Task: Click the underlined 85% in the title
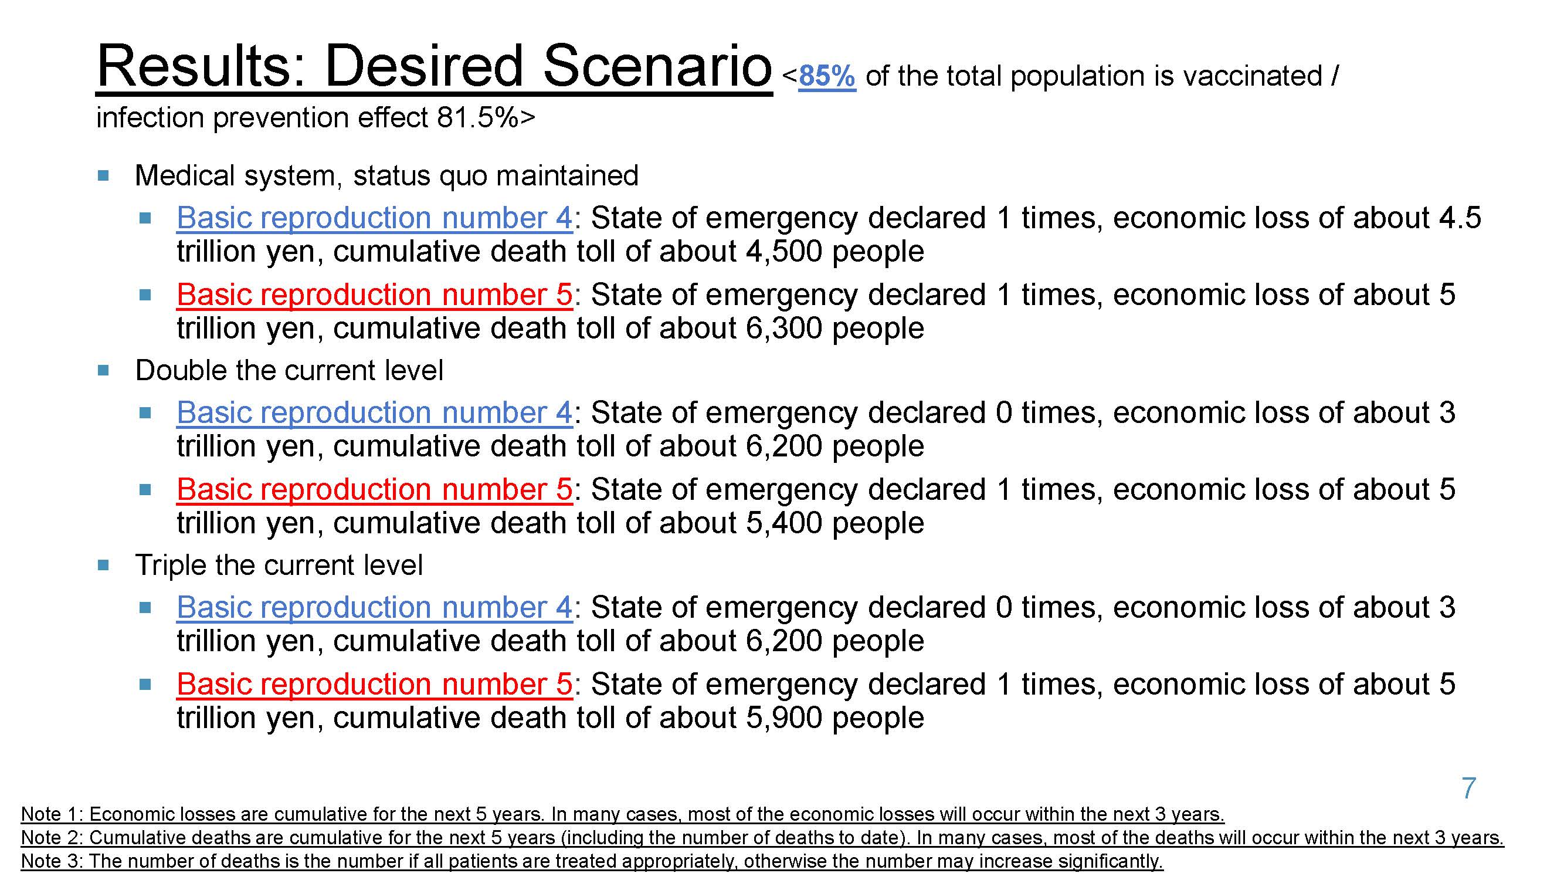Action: (x=826, y=76)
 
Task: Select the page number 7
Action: (x=1468, y=788)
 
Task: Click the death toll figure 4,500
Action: (x=783, y=252)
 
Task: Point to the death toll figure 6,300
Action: (x=783, y=329)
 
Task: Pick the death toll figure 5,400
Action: (x=783, y=523)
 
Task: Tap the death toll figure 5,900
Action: (x=783, y=718)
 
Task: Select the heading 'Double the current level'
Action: (x=289, y=370)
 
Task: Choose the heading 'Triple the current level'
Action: (x=279, y=566)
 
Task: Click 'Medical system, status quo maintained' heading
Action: (x=386, y=176)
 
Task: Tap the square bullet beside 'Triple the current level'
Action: (x=103, y=566)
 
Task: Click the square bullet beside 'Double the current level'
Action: (x=103, y=370)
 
